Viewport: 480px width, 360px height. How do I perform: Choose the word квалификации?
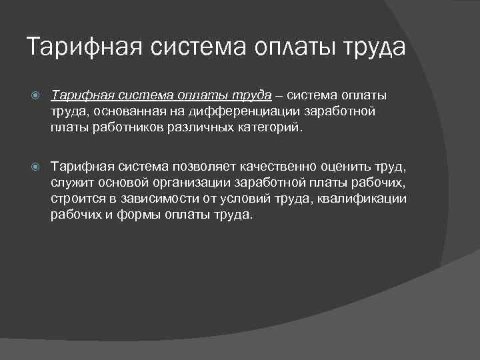(x=362, y=199)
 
